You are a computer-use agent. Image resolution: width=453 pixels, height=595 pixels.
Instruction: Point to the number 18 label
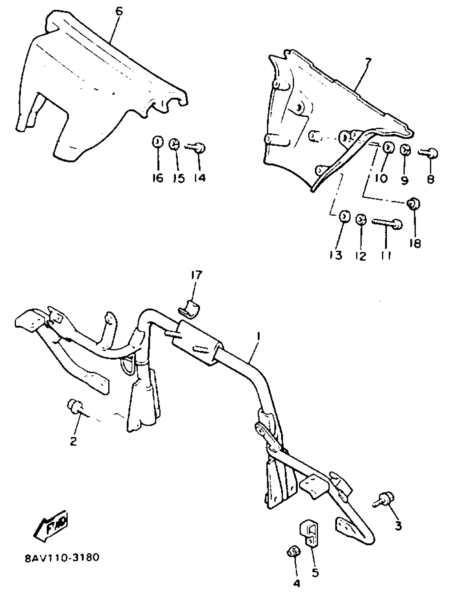[415, 243]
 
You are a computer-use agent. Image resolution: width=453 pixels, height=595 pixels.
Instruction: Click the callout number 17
[196, 275]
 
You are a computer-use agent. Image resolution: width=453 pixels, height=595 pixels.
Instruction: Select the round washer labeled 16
[158, 142]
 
